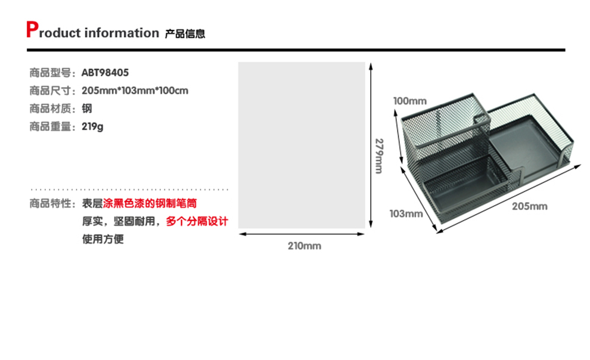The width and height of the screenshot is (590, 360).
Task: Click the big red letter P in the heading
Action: click(x=32, y=30)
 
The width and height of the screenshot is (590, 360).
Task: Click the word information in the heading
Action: click(x=122, y=33)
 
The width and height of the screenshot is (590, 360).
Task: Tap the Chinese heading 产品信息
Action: click(x=185, y=34)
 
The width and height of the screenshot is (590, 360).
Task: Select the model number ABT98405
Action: click(x=105, y=73)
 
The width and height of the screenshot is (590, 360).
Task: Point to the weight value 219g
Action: click(x=92, y=127)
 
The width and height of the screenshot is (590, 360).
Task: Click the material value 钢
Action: click(x=87, y=109)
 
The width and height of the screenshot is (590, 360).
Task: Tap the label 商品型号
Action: click(x=50, y=73)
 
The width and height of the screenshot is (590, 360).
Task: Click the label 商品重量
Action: click(x=50, y=127)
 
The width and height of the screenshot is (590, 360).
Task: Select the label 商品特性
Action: click(x=50, y=204)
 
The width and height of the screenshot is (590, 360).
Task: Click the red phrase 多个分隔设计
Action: click(x=197, y=222)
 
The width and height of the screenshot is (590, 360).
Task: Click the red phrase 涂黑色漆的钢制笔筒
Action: click(x=150, y=204)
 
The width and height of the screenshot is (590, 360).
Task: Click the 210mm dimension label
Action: click(x=304, y=246)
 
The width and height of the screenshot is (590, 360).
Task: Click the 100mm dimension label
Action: click(x=409, y=100)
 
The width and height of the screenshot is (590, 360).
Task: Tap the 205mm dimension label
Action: click(x=529, y=206)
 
